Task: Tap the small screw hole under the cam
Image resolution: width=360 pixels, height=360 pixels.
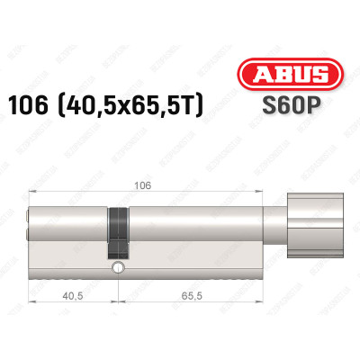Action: coord(116,267)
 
